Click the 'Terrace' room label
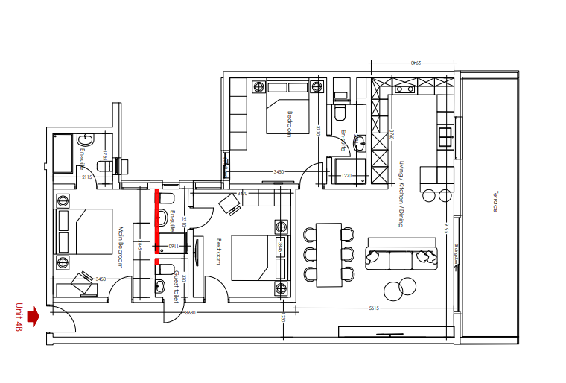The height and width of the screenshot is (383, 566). [494, 200]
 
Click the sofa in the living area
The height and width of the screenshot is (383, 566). [401, 256]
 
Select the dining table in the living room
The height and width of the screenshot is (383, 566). [328, 254]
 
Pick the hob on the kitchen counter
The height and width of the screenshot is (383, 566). [446, 136]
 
